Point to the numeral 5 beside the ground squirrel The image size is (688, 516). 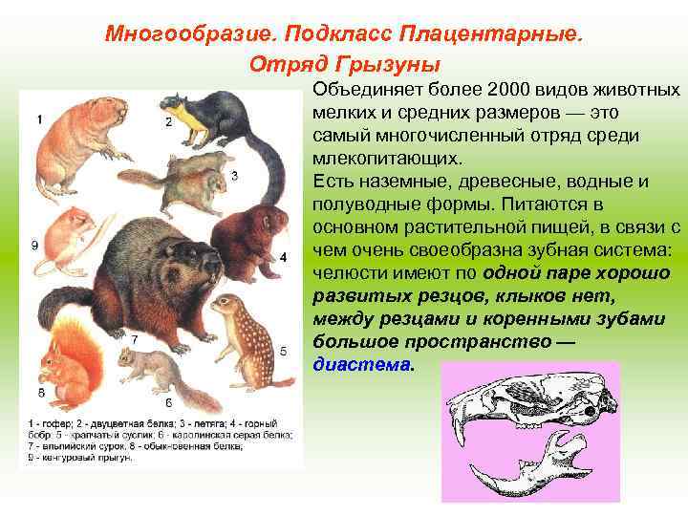[283, 353]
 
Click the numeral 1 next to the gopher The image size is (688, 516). [39, 119]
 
